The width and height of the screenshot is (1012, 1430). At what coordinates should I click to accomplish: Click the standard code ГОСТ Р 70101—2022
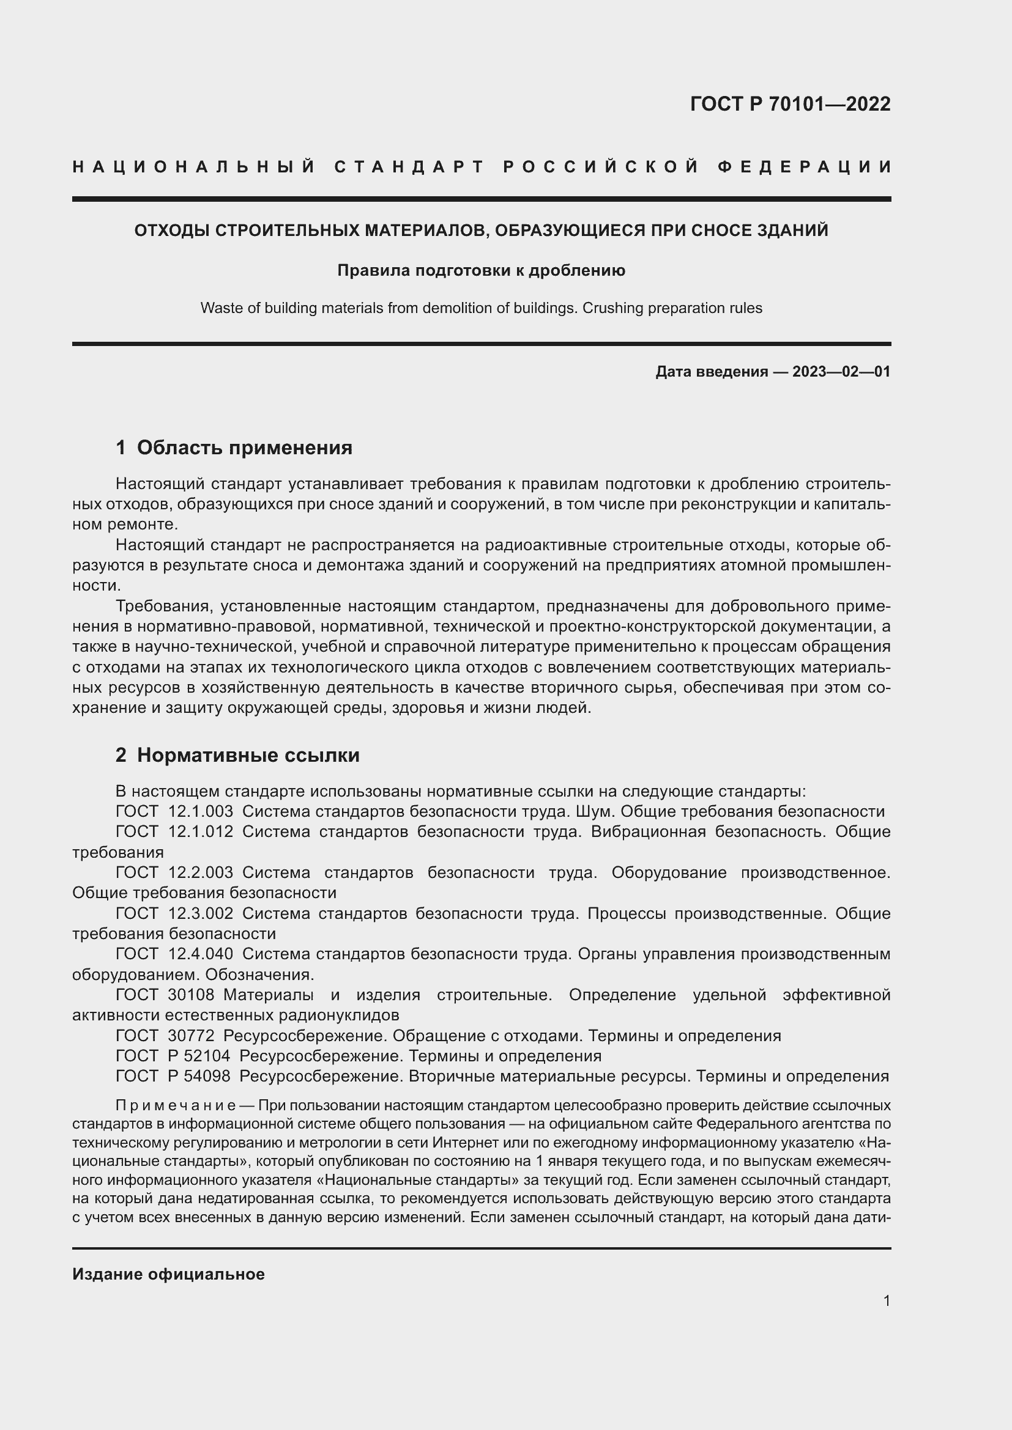point(790,104)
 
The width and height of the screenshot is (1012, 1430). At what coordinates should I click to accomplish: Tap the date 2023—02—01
point(841,372)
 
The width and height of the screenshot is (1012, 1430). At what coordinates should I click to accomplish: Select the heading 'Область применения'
point(244,447)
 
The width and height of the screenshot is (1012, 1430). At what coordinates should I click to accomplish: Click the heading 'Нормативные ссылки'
point(248,755)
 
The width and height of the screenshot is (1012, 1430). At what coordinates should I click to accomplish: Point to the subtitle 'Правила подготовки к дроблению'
point(481,270)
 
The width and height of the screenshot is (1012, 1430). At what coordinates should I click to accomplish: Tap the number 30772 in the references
point(191,1036)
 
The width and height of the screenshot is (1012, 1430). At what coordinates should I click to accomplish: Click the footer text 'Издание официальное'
point(168,1273)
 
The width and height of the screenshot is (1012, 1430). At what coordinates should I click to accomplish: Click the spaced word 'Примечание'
point(175,1105)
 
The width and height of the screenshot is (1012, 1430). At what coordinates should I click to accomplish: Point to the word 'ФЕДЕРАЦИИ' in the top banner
point(805,167)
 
